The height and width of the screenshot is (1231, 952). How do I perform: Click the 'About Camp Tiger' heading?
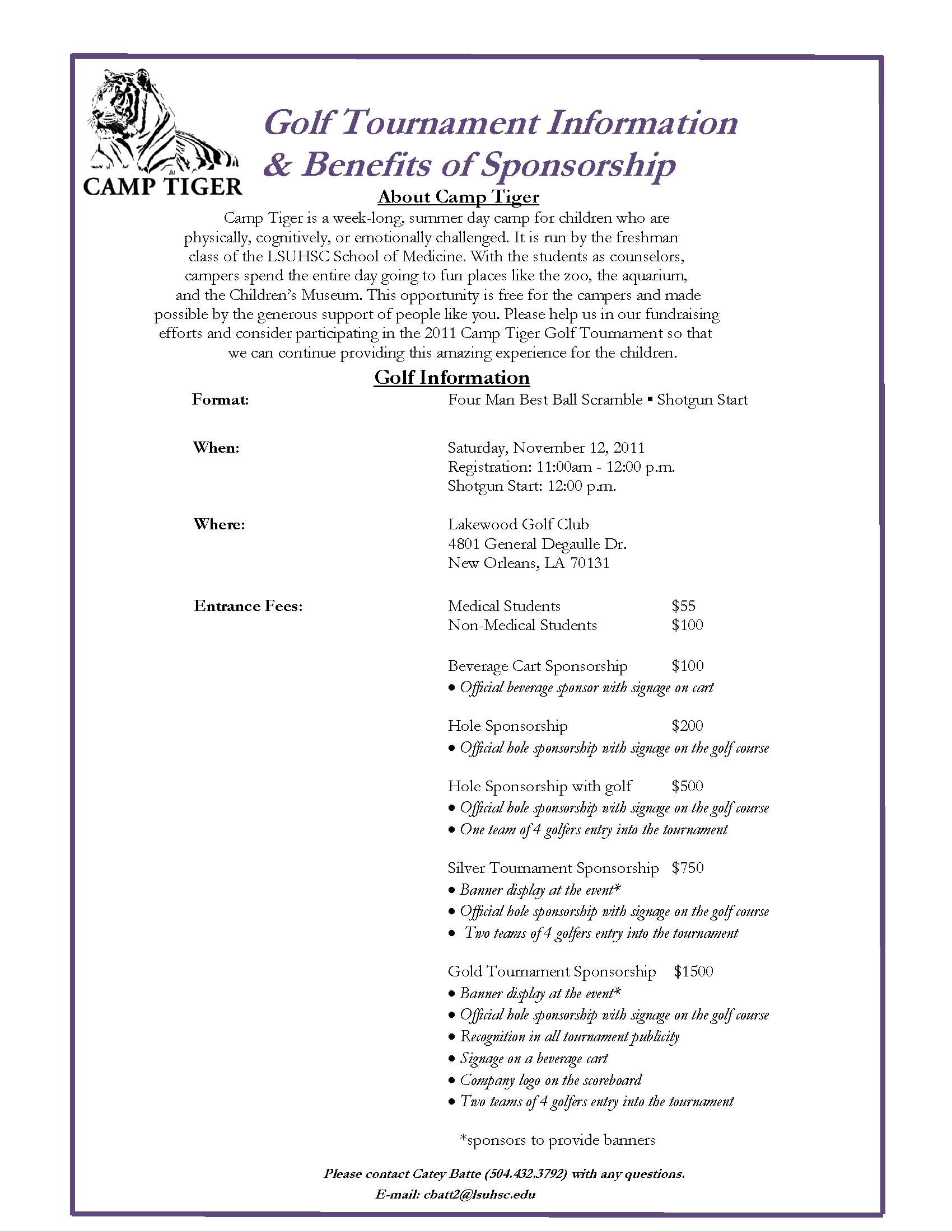458,197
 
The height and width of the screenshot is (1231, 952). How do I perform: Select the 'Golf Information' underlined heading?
452,377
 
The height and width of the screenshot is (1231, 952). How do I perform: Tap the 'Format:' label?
220,400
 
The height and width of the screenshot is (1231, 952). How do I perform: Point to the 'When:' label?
216,448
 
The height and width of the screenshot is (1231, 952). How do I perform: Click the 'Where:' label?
219,524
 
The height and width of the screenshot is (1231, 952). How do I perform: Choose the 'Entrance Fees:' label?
248,606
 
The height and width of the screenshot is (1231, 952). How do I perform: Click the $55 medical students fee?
684,606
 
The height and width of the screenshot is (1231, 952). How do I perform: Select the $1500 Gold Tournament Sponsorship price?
693,971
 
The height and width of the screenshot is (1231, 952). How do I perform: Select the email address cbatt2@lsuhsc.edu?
479,1194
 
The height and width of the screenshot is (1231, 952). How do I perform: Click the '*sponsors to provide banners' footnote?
557,1140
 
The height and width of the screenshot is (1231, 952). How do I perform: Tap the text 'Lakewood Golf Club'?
518,524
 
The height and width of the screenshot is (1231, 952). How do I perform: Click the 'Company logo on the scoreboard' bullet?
550,1080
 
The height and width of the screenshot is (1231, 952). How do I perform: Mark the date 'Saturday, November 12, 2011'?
545,448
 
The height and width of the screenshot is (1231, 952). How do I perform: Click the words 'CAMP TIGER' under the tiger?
162,186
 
